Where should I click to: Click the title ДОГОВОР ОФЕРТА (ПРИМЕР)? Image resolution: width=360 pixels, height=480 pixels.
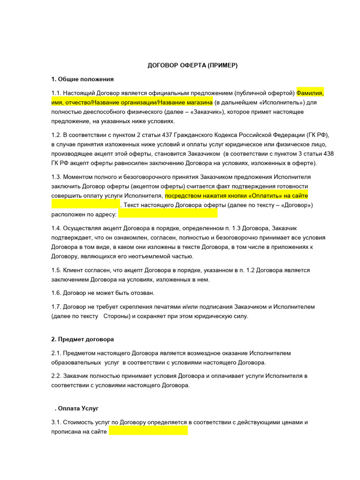[193, 65]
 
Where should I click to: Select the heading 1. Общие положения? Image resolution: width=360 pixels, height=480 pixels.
[82, 79]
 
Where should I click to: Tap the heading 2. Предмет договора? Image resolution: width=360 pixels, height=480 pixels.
[82, 339]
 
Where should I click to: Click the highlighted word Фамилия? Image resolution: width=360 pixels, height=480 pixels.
[309, 92]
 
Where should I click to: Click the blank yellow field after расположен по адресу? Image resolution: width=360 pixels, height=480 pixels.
[167, 214]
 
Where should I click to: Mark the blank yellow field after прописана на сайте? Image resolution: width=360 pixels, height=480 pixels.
[148, 431]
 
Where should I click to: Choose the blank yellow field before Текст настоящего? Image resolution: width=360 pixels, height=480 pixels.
[85, 205]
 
